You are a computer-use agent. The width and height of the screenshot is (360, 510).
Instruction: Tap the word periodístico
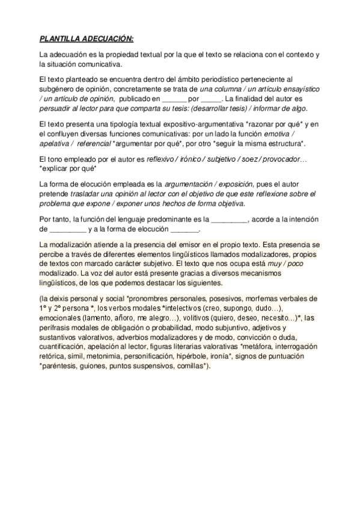tap(210, 79)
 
